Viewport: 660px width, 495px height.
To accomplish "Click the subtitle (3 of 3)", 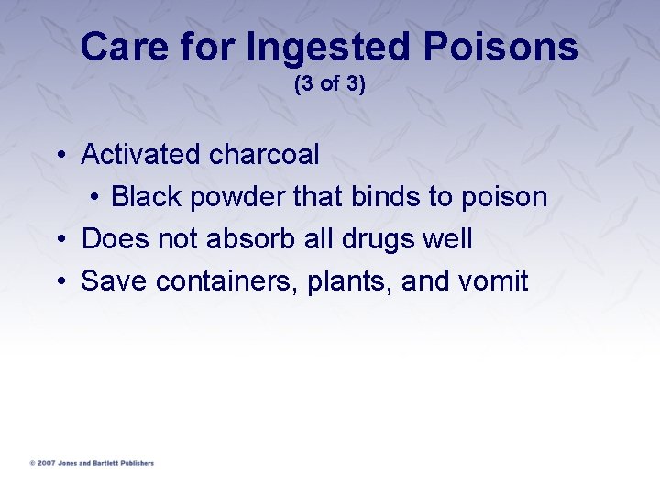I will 330,84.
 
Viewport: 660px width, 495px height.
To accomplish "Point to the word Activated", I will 140,155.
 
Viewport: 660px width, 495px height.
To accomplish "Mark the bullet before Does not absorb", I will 60,240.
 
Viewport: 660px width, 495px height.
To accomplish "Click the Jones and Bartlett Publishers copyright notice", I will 92,463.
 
